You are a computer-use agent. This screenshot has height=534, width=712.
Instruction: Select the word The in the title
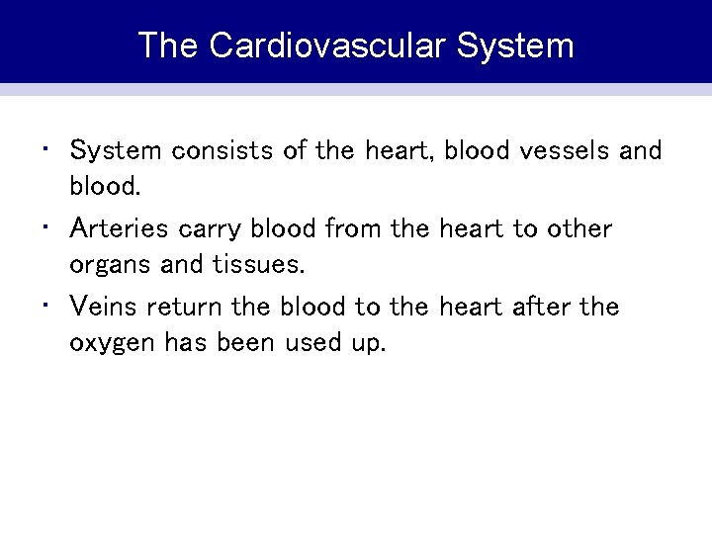tap(168, 45)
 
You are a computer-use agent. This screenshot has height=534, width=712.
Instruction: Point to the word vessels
tap(561, 150)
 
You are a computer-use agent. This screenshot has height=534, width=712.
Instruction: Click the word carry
tap(213, 229)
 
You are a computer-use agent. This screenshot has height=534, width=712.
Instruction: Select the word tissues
tap(263, 265)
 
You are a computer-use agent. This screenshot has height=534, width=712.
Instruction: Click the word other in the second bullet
tap(578, 228)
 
